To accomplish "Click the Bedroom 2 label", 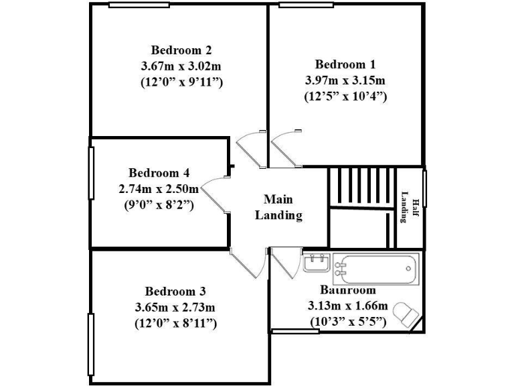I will [181, 50].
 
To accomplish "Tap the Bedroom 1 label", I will [345, 65].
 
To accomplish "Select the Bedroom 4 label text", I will [154, 173].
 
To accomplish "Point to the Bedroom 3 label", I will [175, 292].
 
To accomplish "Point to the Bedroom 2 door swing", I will [249, 149].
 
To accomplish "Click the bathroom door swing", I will [284, 265].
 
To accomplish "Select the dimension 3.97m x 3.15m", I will [345, 80].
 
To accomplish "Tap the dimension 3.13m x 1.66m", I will [347, 306].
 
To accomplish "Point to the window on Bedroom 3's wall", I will [90, 345].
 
